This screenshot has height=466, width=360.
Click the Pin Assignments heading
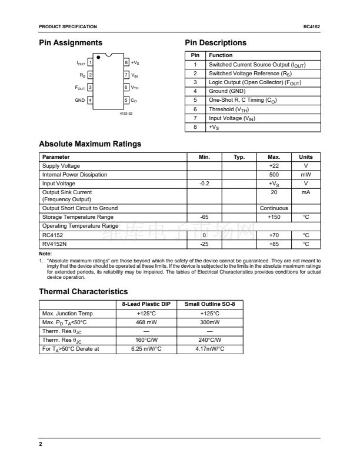coord(70,43)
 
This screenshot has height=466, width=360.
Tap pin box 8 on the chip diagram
coord(126,62)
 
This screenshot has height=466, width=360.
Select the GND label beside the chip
coord(80,101)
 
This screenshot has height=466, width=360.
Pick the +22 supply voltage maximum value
coord(274,166)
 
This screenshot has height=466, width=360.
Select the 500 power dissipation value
coord(274,175)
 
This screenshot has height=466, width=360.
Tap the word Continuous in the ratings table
coord(274,208)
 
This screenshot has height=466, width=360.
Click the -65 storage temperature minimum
coord(204,217)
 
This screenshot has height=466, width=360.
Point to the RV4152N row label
coord(55,244)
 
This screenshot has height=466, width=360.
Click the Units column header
coord(306,157)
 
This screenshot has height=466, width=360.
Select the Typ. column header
coord(239,157)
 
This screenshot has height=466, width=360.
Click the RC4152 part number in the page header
coord(312,27)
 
